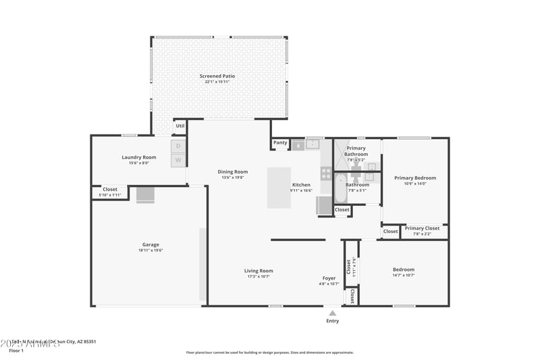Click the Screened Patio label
[x=217, y=76]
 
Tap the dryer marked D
[x=178, y=146]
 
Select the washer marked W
[x=178, y=160]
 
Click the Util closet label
[x=180, y=126]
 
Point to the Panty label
[x=280, y=143]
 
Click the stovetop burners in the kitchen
[x=326, y=174]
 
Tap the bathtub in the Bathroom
[x=342, y=189]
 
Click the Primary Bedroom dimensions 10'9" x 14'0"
[x=415, y=184]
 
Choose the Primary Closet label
[x=422, y=228]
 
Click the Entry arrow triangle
[x=332, y=313]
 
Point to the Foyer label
[x=329, y=278]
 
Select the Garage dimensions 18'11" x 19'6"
[x=151, y=250]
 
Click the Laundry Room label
[x=139, y=157]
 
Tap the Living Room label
[x=259, y=271]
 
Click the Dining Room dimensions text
[x=233, y=178]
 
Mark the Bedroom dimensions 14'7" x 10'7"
[x=404, y=275]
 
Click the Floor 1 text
[x=17, y=351]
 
